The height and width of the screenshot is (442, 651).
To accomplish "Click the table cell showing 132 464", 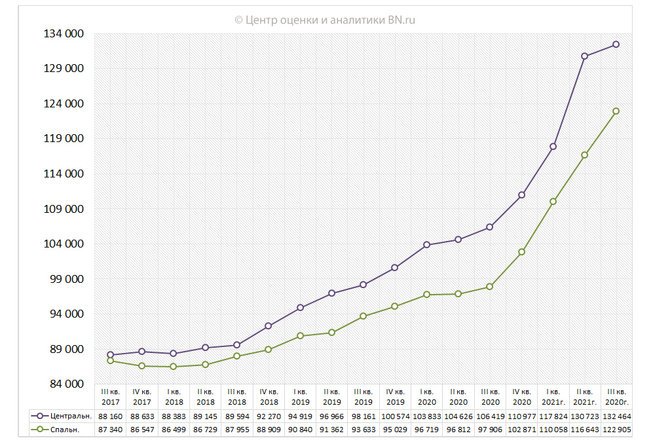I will (616, 416).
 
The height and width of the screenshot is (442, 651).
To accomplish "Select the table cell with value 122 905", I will (616, 430).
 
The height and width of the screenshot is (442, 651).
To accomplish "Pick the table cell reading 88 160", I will (111, 416).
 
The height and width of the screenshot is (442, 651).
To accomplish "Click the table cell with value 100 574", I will (395, 416).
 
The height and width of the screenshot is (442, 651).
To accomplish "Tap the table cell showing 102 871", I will (521, 430).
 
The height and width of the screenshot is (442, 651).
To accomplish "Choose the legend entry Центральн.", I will (65, 416).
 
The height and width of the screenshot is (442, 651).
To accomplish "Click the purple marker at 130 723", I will (585, 56).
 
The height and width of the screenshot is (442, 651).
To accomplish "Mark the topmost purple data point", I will (616, 45).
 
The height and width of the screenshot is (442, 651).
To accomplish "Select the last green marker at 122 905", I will (616, 111).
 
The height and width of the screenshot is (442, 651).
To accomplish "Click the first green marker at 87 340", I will (111, 361).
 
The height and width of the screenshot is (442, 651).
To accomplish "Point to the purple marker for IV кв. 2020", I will (521, 195).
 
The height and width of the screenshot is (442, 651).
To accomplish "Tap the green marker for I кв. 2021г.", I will (553, 202).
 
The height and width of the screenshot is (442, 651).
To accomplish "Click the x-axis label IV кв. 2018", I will (269, 397).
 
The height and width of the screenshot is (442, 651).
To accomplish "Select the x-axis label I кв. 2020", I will (427, 397).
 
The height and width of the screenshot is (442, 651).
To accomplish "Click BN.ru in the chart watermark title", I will (401, 20).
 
